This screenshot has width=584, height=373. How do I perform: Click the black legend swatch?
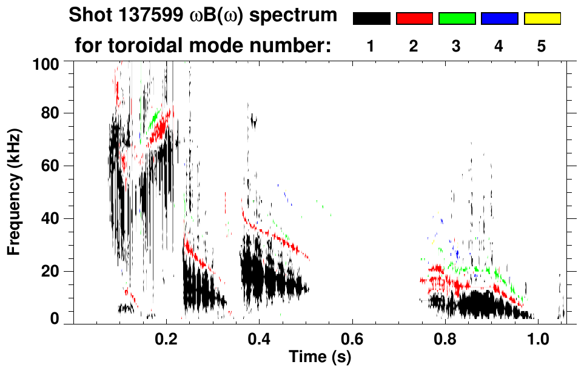pos(372,19)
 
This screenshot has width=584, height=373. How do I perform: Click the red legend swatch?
pos(414,19)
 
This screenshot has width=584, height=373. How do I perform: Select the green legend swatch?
pos(457,19)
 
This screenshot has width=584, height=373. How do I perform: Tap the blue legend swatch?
pos(499,19)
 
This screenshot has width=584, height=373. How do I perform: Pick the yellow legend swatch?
pos(542,19)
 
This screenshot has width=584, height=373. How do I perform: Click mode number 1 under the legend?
pos(371,47)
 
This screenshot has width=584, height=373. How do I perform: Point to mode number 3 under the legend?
pos(457,47)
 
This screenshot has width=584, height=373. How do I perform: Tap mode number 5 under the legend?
pos(542,47)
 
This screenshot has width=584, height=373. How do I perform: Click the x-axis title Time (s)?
pos(319,357)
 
